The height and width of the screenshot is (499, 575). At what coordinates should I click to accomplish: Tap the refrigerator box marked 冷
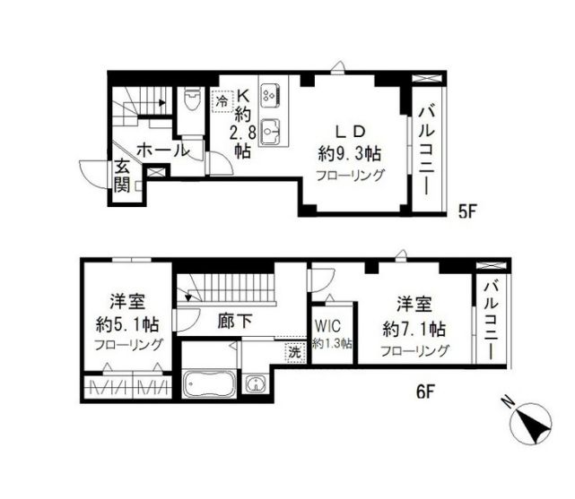pyautogui.click(x=222, y=101)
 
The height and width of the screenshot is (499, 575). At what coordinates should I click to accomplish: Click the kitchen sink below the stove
pyautogui.click(x=270, y=132)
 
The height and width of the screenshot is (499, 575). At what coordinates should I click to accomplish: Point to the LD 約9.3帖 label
pyautogui.click(x=350, y=143)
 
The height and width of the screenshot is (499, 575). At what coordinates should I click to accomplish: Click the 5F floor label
pyautogui.click(x=467, y=211)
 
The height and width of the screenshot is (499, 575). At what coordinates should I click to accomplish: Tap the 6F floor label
pyautogui.click(x=425, y=391)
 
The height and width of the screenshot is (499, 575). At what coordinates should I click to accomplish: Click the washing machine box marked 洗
pyautogui.click(x=295, y=352)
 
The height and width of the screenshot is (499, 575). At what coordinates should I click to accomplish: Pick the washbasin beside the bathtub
pyautogui.click(x=255, y=383)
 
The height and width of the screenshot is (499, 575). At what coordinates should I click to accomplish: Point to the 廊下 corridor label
pyautogui.click(x=235, y=322)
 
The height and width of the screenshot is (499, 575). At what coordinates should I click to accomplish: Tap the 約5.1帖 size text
pyautogui.click(x=127, y=324)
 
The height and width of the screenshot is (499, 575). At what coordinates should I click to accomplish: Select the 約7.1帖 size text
pyautogui.click(x=414, y=329)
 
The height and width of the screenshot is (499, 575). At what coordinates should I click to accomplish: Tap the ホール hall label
pyautogui.click(x=163, y=151)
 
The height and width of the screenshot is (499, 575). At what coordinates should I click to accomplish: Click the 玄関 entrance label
pyautogui.click(x=122, y=176)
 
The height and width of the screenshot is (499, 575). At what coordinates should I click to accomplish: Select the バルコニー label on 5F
pyautogui.click(x=427, y=151)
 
